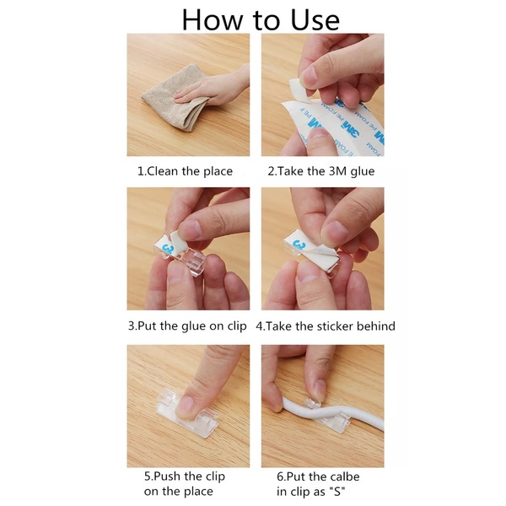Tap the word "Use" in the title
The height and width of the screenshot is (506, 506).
(315, 20)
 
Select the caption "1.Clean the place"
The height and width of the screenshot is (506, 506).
(185, 171)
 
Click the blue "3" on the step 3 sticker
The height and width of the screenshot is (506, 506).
(169, 249)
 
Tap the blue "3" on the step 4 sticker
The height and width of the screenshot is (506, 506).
(299, 245)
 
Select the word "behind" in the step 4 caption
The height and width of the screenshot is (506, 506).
(376, 326)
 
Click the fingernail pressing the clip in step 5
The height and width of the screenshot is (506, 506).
(185, 404)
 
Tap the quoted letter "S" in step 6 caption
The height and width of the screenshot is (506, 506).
(337, 492)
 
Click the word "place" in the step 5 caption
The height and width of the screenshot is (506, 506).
(198, 492)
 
